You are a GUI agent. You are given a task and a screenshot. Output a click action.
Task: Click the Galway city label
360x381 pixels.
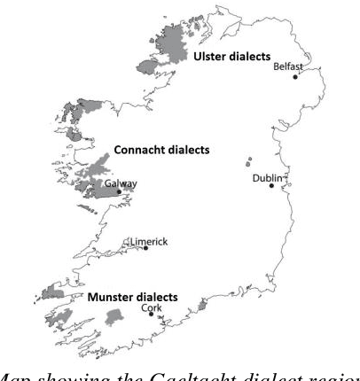pyautogui.click(x=121, y=183)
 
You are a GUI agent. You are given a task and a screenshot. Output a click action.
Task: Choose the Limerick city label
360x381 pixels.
pyautogui.click(x=148, y=241)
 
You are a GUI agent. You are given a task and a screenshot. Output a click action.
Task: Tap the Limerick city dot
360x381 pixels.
pyautogui.click(x=146, y=249)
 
